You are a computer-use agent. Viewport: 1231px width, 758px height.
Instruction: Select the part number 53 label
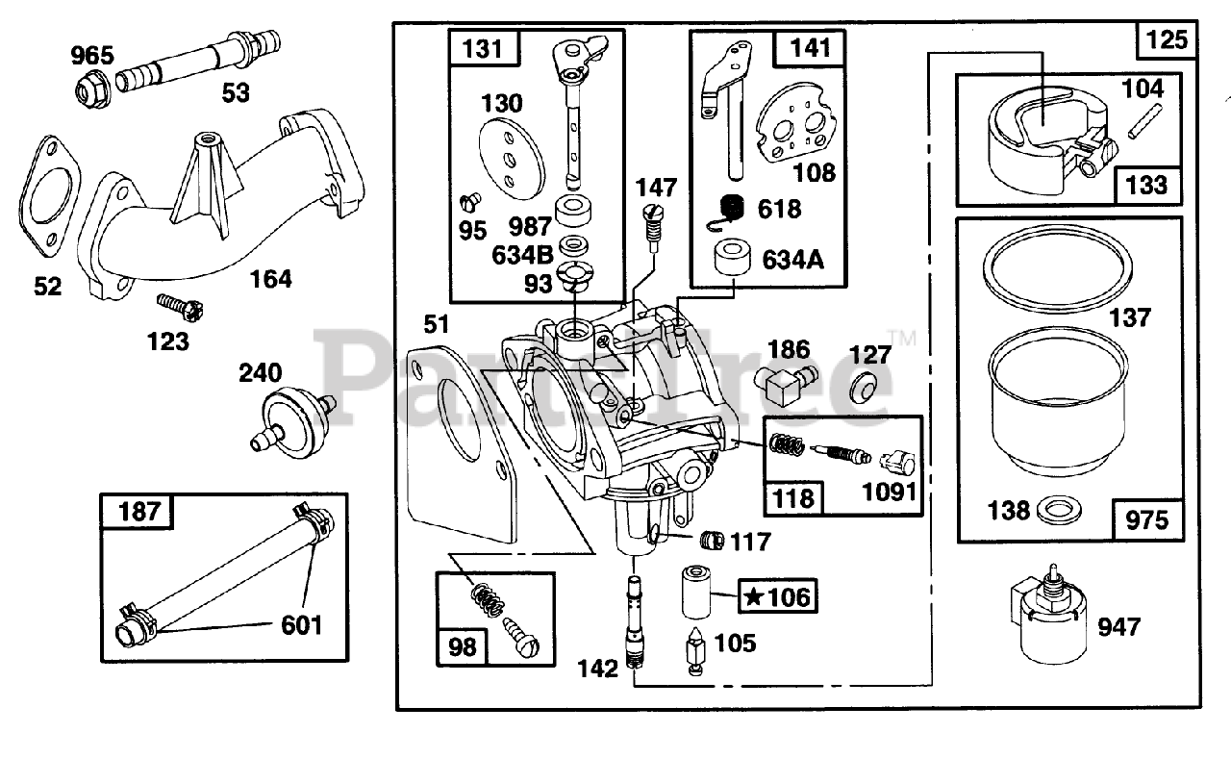(236, 93)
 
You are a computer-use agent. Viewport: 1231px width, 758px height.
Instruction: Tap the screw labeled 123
(180, 307)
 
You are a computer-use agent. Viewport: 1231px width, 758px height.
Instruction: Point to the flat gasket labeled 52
(49, 198)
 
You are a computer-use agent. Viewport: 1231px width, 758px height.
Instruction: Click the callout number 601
(302, 625)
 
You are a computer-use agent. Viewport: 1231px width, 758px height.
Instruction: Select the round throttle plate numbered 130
(512, 159)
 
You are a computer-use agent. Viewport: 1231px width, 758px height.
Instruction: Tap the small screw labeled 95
(470, 202)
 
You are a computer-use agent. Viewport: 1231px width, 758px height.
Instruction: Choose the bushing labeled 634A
(732, 256)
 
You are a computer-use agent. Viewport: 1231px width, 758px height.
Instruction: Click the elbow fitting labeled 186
(785, 384)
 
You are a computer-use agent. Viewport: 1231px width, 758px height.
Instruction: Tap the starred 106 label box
(777, 596)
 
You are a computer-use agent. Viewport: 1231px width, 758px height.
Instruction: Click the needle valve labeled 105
(695, 651)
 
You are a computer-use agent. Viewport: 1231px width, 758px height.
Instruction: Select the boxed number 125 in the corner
(1167, 40)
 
